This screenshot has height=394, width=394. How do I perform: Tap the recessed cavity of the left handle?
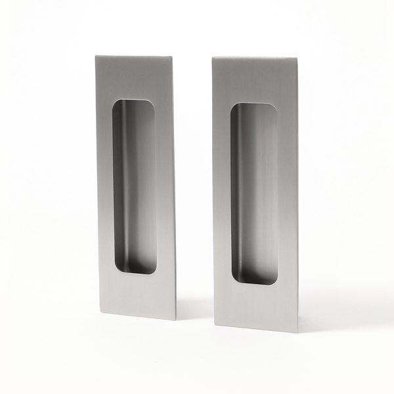click(135, 187)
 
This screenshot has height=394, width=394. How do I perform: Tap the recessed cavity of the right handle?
click(253, 194)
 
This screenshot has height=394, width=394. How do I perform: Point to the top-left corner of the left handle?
click(96, 56)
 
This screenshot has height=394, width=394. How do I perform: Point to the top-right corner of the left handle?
click(173, 56)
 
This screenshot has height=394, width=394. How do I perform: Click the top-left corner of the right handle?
click(213, 58)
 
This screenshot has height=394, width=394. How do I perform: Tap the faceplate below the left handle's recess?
click(138, 294)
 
